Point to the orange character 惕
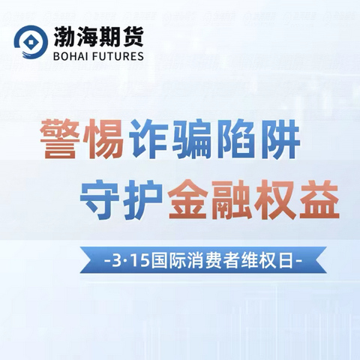(x=101, y=139)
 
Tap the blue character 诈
(x=146, y=139)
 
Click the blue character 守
(x=100, y=200)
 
